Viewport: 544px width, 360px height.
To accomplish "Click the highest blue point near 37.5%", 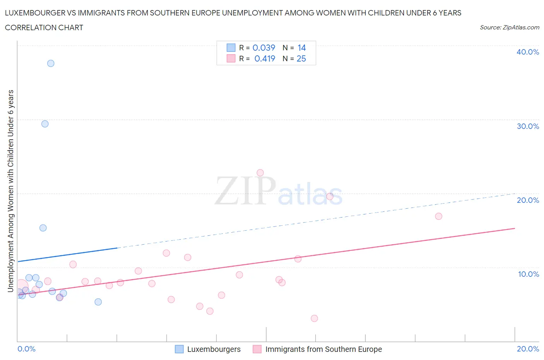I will (51, 63).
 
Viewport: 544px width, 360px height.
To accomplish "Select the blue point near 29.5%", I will (45, 124).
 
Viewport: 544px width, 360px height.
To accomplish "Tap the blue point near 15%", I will (43, 228).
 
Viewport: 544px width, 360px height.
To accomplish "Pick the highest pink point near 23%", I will (260, 173).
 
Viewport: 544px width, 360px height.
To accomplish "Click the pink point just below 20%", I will (330, 196).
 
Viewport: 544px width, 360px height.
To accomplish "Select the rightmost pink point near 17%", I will (438, 216).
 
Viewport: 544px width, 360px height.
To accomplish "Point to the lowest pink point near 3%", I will (314, 318).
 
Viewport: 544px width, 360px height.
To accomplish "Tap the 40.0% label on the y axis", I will (528, 52).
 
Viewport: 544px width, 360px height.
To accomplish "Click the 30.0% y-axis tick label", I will (528, 126).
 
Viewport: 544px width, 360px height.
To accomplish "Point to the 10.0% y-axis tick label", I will (528, 274).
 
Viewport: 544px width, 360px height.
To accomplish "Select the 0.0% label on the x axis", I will (26, 349).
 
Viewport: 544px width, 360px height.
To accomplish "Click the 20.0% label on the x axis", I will (528, 349).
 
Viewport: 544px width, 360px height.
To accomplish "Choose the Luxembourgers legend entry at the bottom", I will (214, 349).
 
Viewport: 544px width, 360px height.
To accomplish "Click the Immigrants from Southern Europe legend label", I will (323, 349).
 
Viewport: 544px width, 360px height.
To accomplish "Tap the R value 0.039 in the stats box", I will (264, 48).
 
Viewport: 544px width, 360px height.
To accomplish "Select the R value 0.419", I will (265, 58).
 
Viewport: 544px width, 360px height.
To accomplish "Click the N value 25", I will (301, 58).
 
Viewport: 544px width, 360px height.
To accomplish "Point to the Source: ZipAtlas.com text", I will (509, 27).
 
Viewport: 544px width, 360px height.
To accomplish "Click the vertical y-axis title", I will (11, 191).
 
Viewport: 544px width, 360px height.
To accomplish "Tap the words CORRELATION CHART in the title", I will (44, 27).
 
